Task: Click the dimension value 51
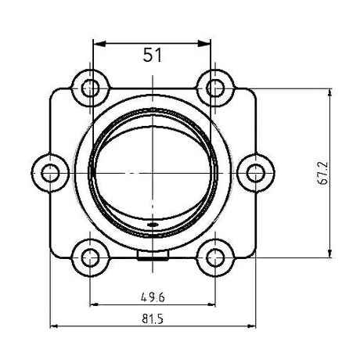[153, 55]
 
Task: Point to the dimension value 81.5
[152, 319]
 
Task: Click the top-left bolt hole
[92, 87]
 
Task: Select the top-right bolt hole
[213, 87]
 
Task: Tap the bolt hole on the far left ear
[52, 171]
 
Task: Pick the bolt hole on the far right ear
[254, 171]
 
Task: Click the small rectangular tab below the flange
[152, 256]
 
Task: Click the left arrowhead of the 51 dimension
[97, 41]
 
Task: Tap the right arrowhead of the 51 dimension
[208, 41]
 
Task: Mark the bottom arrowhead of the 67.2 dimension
[329, 250]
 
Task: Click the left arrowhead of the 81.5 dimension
[56, 326]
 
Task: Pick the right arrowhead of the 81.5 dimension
[250, 326]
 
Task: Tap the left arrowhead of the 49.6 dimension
[96, 304]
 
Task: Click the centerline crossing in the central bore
[153, 171]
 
